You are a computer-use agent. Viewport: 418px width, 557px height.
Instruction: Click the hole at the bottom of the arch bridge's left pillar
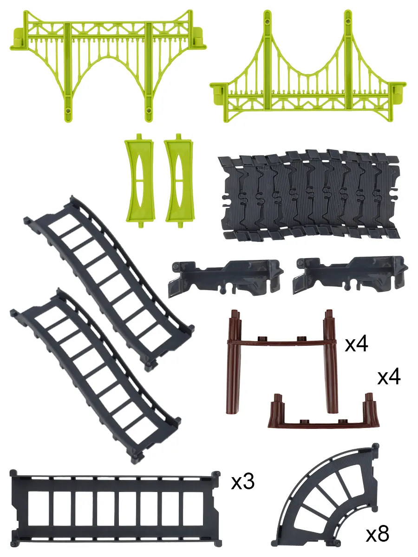(68, 110)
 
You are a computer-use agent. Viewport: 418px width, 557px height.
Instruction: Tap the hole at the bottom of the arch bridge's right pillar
(149, 110)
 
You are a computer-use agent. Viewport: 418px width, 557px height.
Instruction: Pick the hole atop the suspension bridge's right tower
(348, 22)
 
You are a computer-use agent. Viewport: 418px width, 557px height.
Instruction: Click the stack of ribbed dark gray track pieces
(309, 195)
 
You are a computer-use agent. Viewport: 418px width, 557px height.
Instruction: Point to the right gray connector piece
(350, 275)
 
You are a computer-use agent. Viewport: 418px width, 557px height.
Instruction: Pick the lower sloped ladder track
(96, 376)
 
